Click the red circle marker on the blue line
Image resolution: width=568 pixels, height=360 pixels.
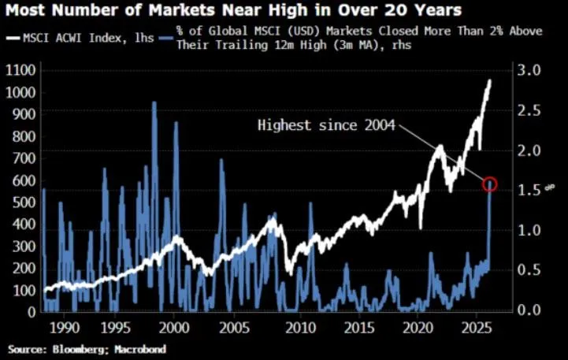click(x=490, y=184)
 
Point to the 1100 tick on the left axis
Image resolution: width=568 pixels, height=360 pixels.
click(x=20, y=70)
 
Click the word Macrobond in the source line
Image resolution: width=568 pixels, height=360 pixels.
click(x=145, y=347)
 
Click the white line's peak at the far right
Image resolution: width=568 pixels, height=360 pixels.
click(x=491, y=80)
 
